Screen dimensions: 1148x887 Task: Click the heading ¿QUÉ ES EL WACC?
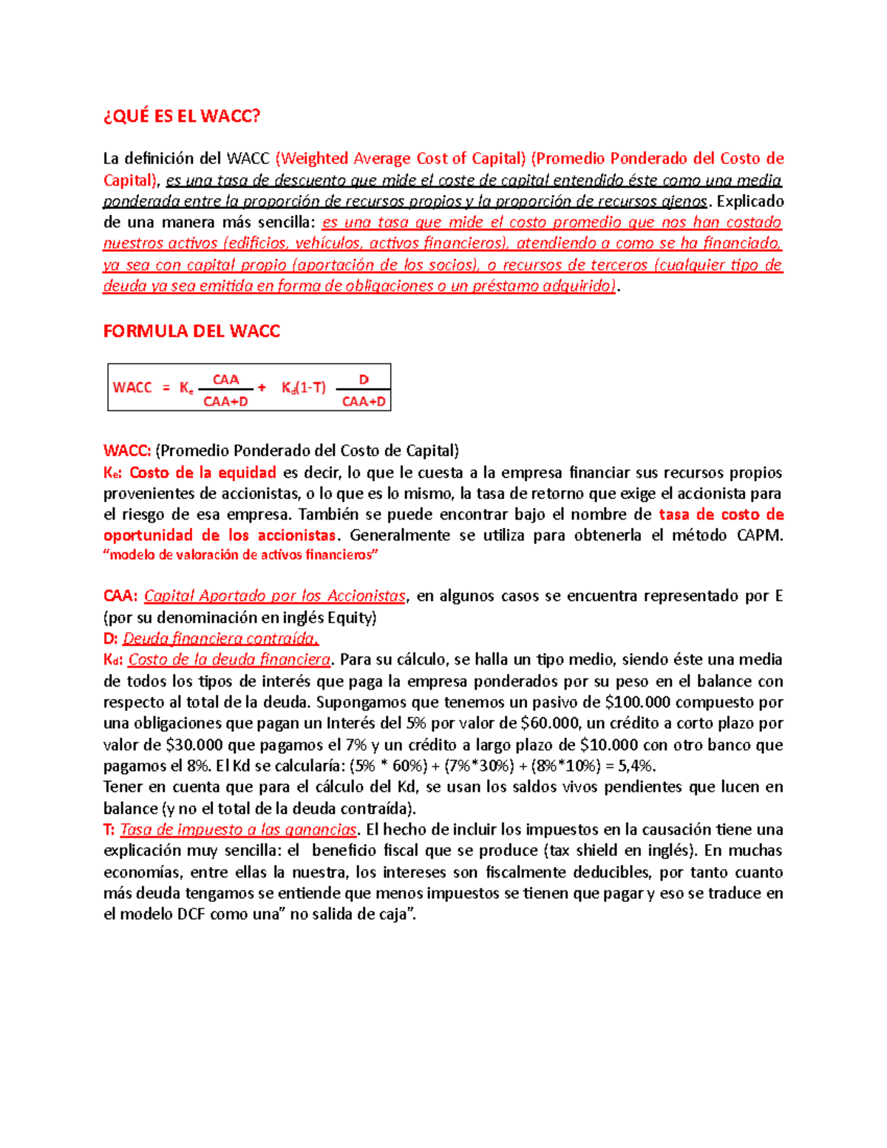182,116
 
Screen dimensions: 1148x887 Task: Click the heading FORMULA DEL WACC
191,331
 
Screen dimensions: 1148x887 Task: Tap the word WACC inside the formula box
132,387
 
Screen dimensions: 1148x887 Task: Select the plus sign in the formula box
262,387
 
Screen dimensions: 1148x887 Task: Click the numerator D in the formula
363,379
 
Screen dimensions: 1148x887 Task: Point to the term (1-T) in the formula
311,387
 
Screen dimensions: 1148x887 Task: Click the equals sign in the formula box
166,387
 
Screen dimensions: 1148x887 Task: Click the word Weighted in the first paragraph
314,158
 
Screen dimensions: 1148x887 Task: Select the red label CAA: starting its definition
120,596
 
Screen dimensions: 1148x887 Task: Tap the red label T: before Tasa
109,829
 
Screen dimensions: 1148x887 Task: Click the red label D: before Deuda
110,639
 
